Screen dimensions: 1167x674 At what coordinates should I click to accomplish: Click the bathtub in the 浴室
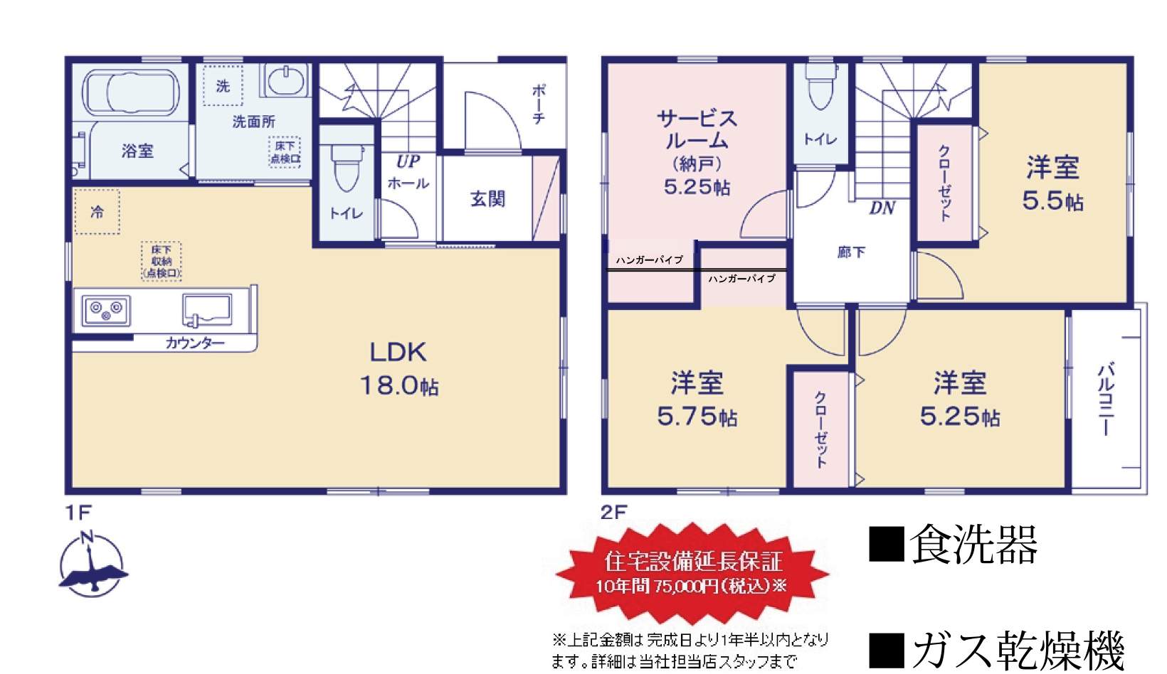pos(131,93)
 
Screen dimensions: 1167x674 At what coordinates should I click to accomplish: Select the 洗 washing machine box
pos(223,85)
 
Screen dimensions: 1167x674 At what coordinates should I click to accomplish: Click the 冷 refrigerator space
pos(97,211)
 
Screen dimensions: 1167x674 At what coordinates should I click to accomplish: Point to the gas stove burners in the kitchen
pos(106,310)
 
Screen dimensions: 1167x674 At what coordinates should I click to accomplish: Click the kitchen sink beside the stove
pos(207,310)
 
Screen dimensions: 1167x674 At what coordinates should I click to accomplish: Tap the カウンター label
pos(195,343)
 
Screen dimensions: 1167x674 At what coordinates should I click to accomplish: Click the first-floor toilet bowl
pos(347,168)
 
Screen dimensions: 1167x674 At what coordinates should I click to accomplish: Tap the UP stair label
pos(408,162)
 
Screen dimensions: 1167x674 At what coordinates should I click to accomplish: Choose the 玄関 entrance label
pos(487,198)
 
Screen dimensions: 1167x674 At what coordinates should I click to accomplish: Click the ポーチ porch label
pos(539,105)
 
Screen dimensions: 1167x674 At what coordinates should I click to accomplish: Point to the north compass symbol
pos(93,565)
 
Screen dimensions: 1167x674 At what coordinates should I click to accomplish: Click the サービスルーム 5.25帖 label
pos(697,152)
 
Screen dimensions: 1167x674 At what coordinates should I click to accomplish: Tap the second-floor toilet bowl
pos(820,87)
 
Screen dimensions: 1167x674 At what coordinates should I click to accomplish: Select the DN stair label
pos(882,208)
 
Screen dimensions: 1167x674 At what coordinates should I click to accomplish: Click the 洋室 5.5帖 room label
pos(1052,183)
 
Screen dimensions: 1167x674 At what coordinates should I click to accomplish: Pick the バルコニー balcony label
pos(1106,399)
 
